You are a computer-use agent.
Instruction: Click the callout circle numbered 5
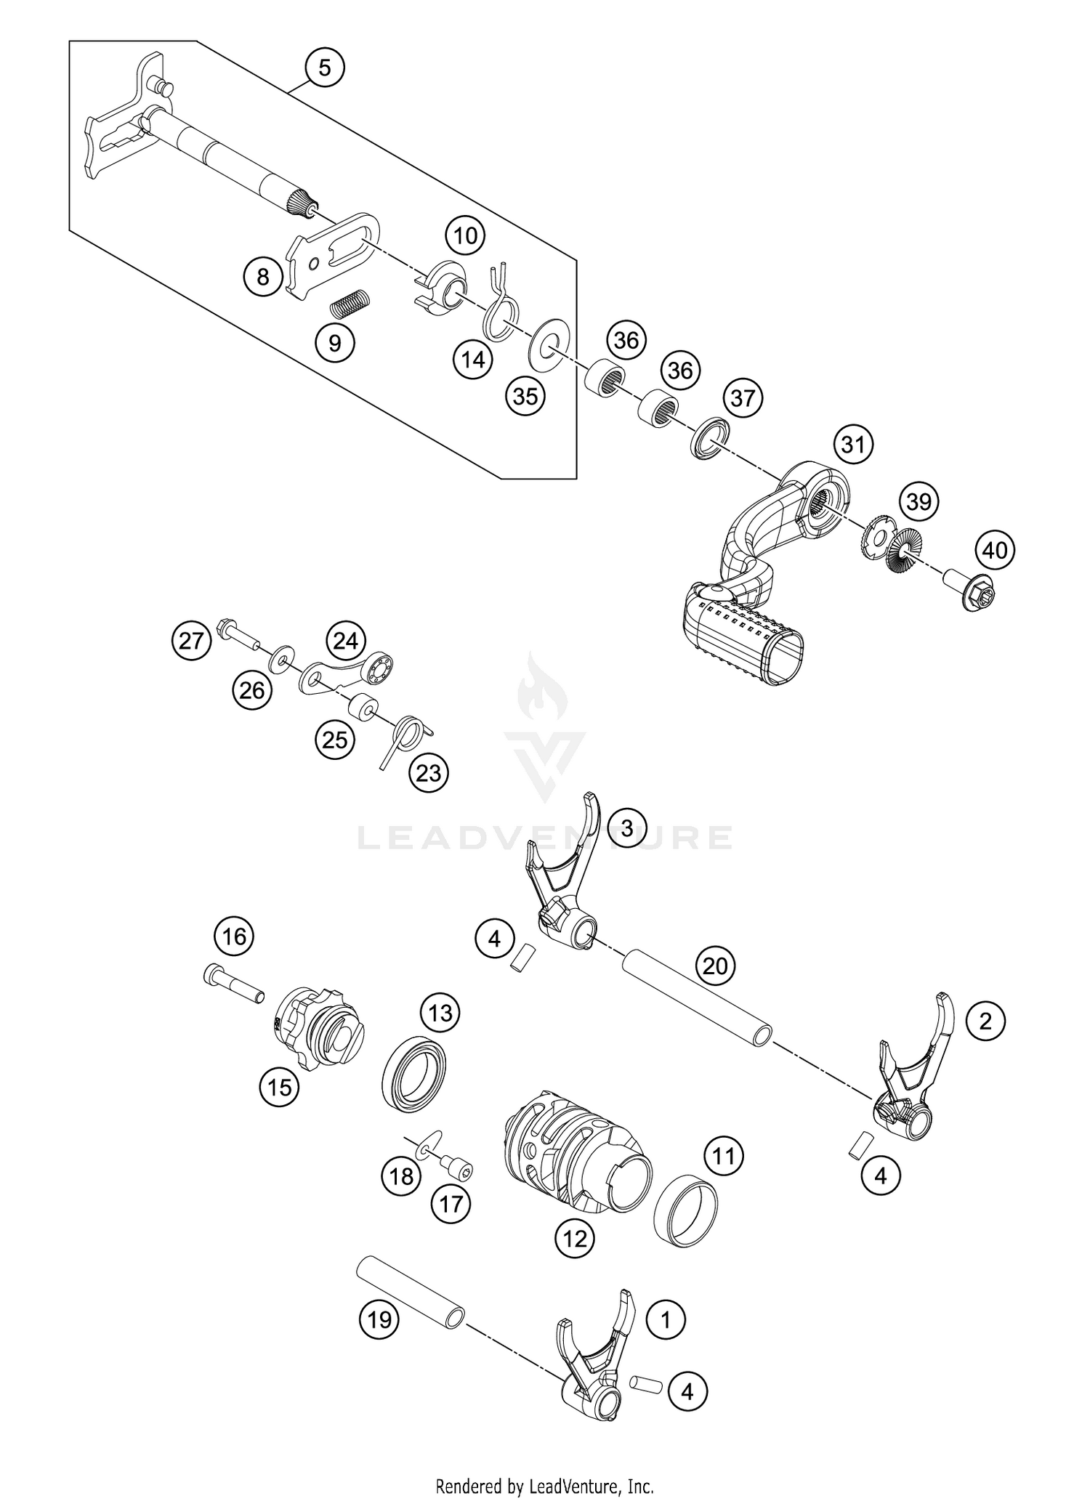(324, 68)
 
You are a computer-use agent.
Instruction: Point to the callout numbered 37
(742, 398)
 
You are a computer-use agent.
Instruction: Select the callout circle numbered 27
(191, 641)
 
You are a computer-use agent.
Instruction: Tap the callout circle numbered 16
(234, 936)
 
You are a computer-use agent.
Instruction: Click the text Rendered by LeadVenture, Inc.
(544, 1485)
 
